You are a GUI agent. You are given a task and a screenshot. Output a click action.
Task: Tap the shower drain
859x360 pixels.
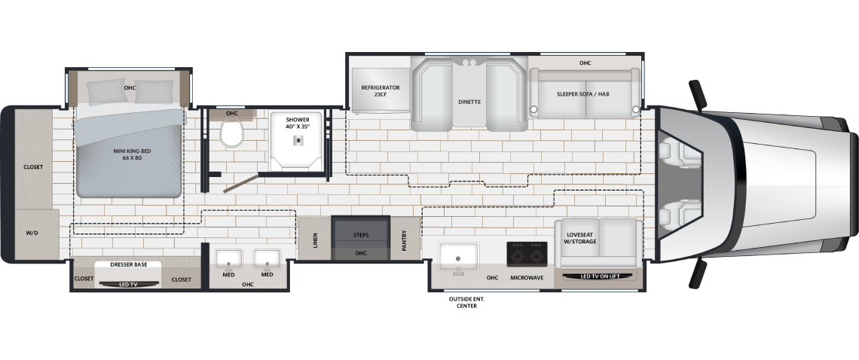coord(298,141)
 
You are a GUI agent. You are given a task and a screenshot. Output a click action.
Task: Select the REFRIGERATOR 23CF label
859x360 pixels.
coord(381,91)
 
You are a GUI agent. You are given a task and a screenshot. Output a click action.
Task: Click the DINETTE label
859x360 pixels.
coord(469,102)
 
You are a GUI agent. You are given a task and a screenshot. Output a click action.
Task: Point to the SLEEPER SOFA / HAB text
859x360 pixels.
coord(583,93)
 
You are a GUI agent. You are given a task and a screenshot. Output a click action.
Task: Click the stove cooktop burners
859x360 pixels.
coord(527,254)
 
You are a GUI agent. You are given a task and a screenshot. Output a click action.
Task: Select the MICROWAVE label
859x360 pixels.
coord(527,278)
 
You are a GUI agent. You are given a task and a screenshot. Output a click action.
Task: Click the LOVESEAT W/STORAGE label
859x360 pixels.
coord(581,238)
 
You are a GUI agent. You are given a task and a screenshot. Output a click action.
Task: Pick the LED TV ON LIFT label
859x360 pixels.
coord(600,276)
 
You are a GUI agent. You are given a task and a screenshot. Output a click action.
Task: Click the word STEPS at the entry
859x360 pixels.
coord(360,235)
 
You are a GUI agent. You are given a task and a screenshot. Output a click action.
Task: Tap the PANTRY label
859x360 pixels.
coord(405,240)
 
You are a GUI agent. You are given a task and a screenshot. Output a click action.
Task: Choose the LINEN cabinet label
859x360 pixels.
coord(315,240)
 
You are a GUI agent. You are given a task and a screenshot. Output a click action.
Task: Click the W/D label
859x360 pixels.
coord(32,233)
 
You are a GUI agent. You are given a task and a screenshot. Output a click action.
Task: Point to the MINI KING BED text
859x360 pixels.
coord(132,154)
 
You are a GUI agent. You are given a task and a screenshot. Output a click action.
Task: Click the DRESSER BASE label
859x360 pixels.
coord(129,264)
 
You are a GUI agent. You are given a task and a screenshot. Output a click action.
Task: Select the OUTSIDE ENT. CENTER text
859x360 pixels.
coord(466,303)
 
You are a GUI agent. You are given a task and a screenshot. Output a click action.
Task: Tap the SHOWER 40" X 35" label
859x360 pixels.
coord(298,123)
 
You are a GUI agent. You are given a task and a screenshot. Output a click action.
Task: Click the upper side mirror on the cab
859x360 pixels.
coord(699,94)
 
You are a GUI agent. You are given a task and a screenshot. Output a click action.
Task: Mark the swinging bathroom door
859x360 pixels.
coord(240,184)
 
